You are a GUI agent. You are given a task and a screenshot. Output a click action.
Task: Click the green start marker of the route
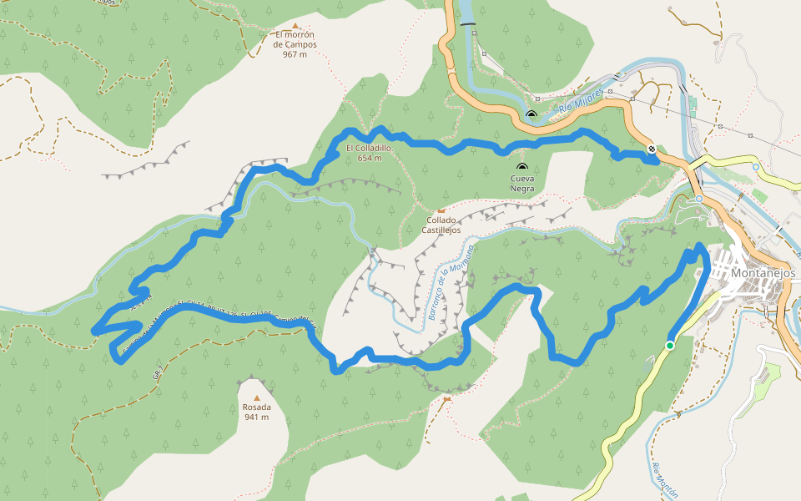tap(669, 345)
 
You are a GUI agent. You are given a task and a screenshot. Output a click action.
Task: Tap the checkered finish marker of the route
tap(651, 149)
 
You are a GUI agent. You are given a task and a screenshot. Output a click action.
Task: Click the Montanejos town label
tap(763, 273)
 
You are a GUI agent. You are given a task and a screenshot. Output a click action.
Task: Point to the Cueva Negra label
tap(522, 183)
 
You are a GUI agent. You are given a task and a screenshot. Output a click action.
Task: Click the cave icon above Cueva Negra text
tap(522, 166)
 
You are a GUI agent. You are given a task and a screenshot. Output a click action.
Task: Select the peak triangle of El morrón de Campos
tap(295, 26)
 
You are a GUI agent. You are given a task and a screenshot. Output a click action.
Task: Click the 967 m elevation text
tap(295, 54)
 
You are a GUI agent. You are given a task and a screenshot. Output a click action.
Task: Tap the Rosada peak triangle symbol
tap(256, 397)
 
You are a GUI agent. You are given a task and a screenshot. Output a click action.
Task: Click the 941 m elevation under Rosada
tap(256, 417)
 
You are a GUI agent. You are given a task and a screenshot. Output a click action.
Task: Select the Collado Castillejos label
tap(441, 225)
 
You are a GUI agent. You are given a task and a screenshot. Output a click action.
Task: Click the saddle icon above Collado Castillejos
tap(441, 210)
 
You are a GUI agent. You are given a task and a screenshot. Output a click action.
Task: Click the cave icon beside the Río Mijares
tap(531, 114)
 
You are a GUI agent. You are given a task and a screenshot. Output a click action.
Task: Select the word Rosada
tap(256, 407)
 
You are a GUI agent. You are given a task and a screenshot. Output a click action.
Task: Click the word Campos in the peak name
tap(300, 44)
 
